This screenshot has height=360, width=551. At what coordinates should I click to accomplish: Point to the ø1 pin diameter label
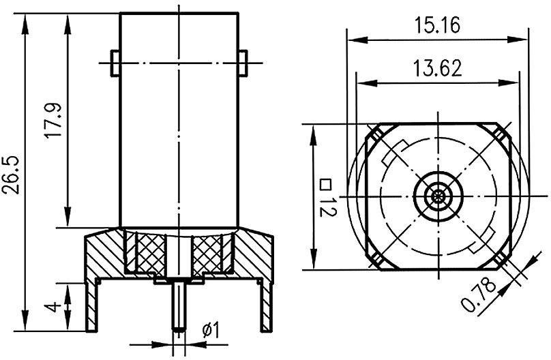pos(210,332)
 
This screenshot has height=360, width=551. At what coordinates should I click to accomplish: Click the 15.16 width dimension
pos(437,26)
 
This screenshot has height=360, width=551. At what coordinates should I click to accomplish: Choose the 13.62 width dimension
pos(437,68)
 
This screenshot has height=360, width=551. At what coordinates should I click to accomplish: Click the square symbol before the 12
pos(326,183)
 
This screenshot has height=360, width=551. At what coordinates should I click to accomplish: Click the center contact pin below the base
pos(179,307)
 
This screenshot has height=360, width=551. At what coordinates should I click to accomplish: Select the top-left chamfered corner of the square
pos(374,132)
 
